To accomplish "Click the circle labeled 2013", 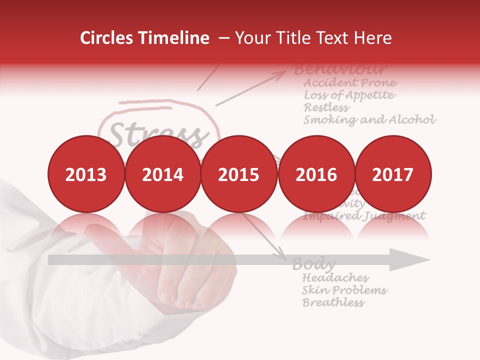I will (85, 173).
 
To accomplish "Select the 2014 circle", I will (162, 173).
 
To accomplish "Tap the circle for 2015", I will (239, 173).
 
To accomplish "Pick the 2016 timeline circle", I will (316, 173).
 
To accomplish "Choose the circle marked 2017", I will (392, 173).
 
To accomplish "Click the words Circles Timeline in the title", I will (144, 38).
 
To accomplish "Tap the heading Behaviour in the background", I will (340, 69).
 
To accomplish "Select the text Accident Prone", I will (350, 82).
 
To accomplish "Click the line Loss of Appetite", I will (349, 95).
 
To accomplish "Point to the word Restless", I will (326, 107).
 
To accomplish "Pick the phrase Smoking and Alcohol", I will (369, 120).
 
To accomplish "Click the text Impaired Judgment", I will (364, 216).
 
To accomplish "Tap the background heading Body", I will (313, 264).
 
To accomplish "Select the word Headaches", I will (335, 277).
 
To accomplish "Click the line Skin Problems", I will (344, 290).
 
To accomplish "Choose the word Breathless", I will (333, 302).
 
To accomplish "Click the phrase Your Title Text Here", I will (313, 38).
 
